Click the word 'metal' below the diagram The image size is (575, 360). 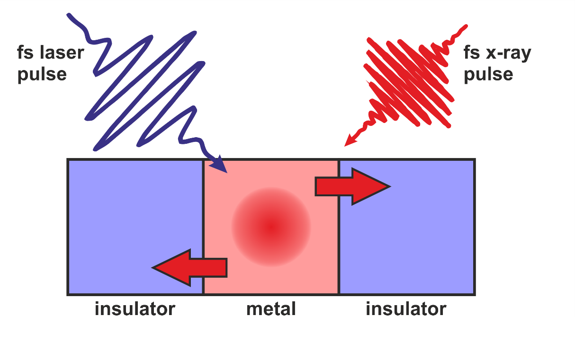tap(271, 309)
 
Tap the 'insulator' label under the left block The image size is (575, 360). tap(135, 309)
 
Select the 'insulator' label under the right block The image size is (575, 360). tap(406, 309)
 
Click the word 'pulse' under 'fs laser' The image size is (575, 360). tap(42, 75)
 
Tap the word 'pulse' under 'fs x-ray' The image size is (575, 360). tap(488, 75)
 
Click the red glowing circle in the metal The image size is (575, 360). tap(271, 227)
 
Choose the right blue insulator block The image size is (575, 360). tap(417, 237)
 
